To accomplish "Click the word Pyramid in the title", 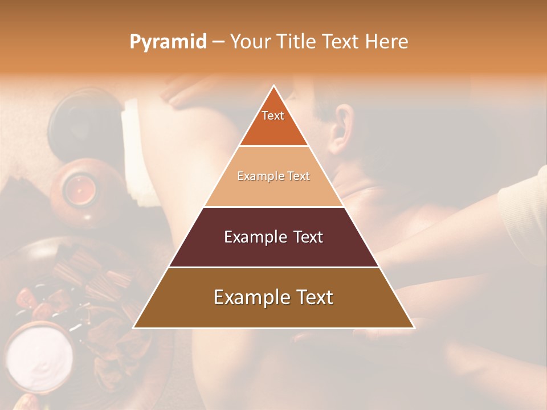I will click(x=168, y=42).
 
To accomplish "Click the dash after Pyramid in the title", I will click(x=218, y=42).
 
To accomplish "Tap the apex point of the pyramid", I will click(x=273, y=86).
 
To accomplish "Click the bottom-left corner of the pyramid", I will click(x=134, y=327).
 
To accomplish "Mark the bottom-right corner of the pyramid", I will click(x=414, y=327).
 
